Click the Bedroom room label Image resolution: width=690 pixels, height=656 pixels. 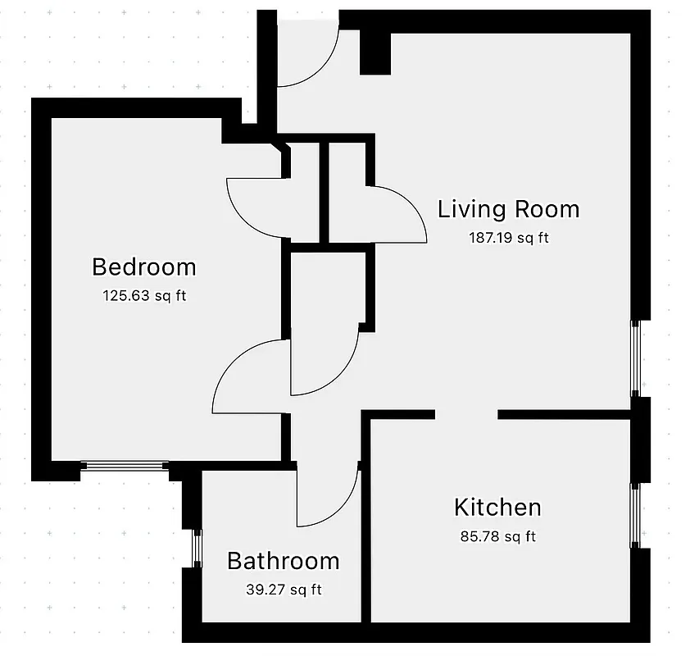pos(144,267)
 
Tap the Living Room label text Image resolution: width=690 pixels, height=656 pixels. pos(508,209)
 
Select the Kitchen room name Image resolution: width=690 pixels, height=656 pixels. pos(497,507)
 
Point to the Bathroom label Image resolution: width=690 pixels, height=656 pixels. pos(283,561)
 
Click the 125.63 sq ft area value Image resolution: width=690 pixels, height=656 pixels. pos(144,295)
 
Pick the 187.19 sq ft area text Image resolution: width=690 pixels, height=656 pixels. pos(508,239)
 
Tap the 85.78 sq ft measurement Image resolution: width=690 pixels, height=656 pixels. pos(497,537)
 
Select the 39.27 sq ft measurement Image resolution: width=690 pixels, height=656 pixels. pos(283,589)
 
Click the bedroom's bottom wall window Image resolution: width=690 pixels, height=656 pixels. pos(125,467)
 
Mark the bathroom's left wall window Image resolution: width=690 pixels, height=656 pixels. pos(196,548)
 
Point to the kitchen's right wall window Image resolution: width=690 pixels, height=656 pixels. pos(636,515)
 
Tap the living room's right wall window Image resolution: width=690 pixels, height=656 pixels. pos(636,358)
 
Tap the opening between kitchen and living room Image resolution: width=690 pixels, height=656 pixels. pos(465,415)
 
